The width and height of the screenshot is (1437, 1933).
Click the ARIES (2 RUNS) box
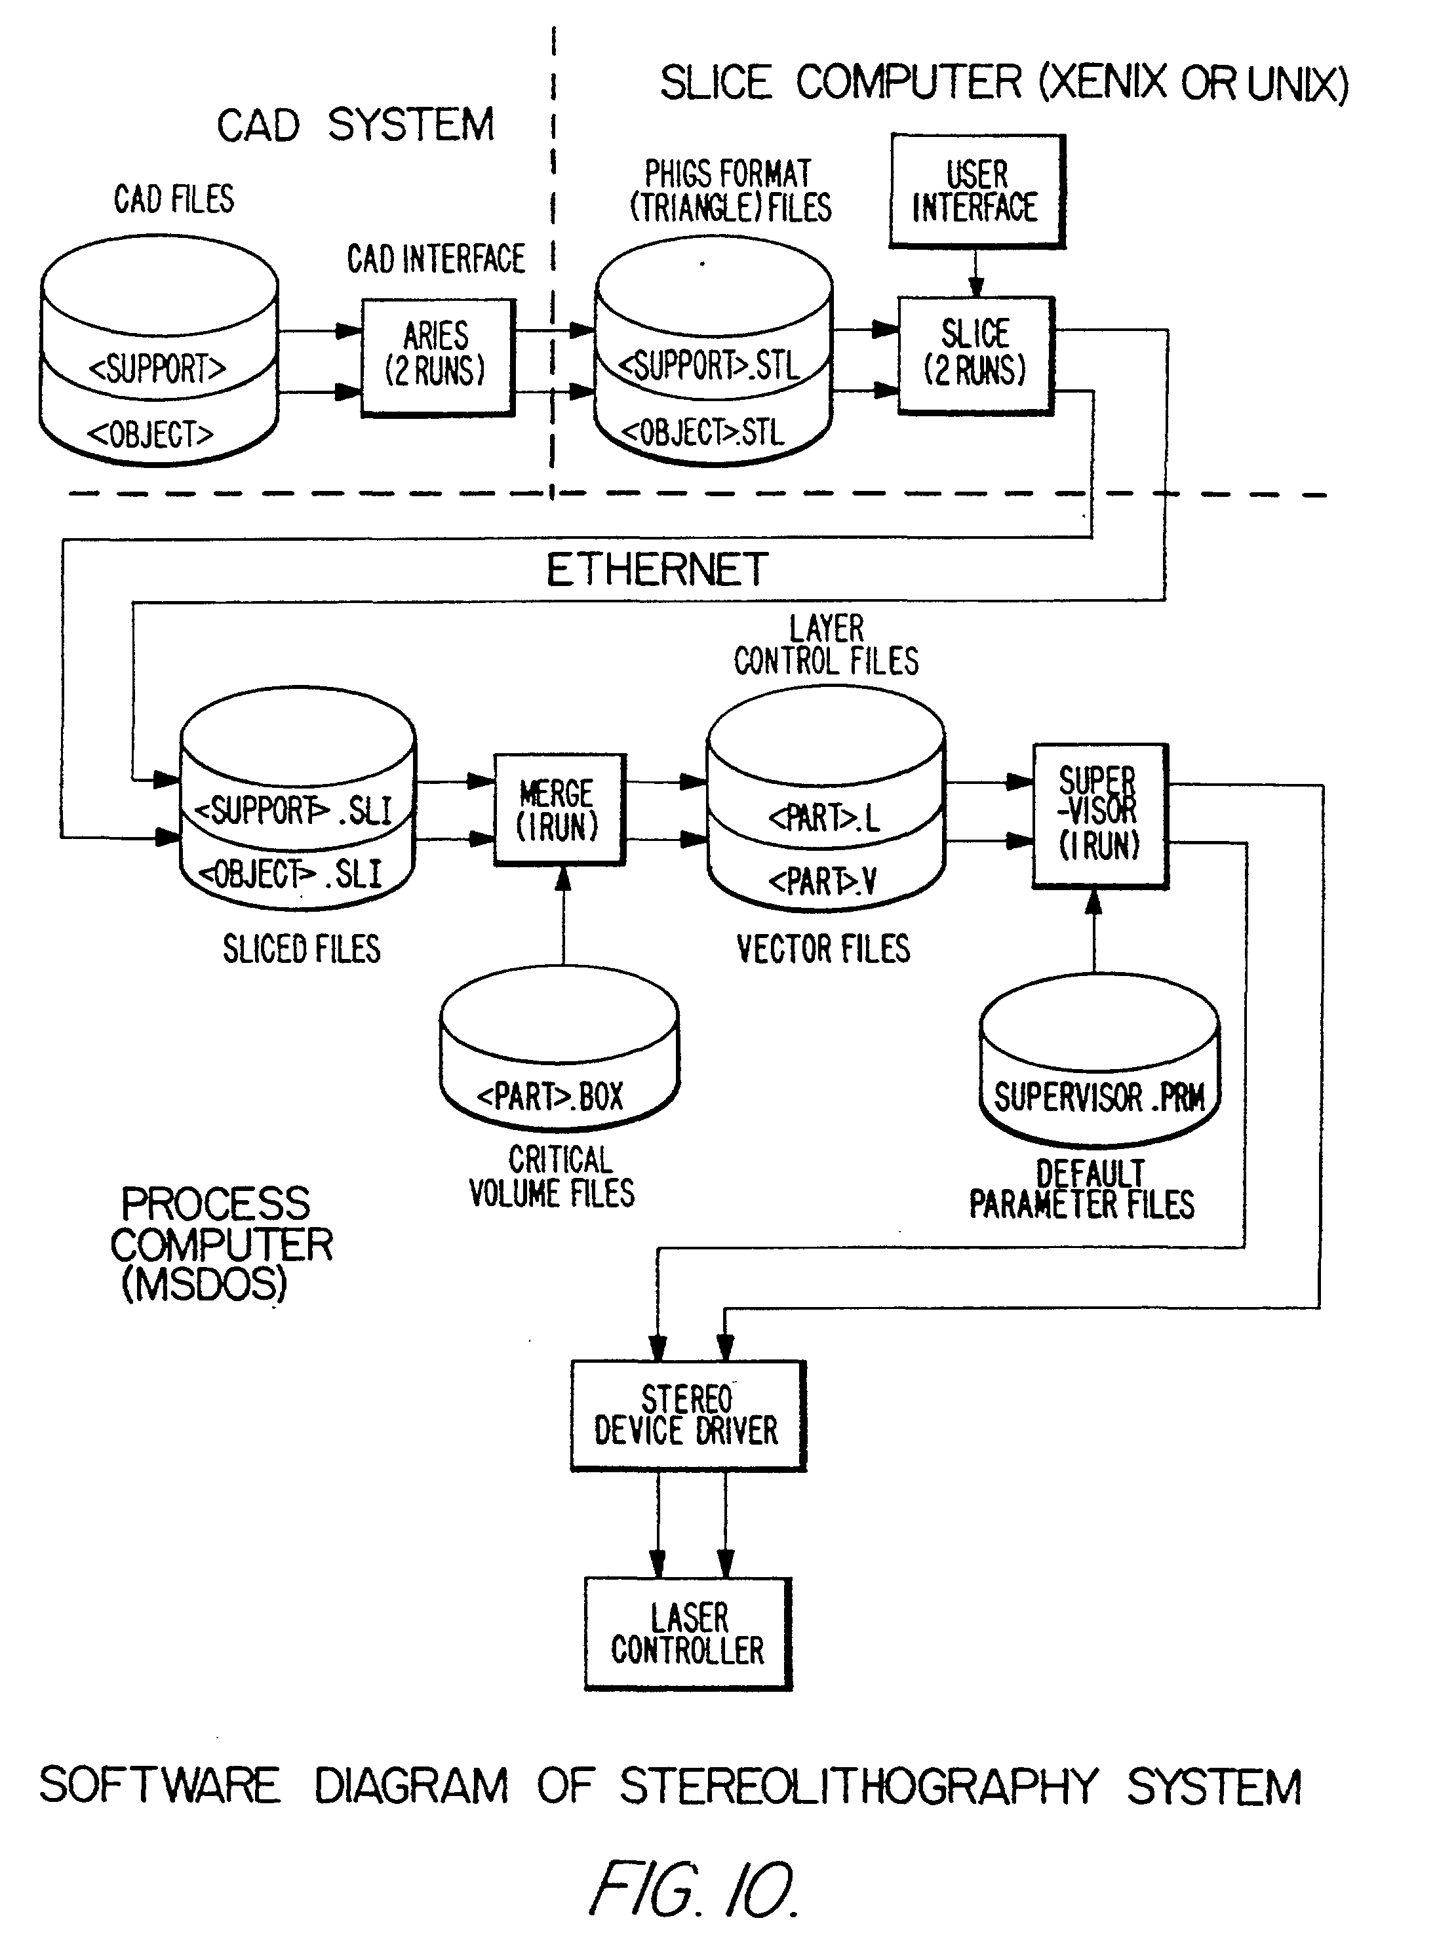(437, 357)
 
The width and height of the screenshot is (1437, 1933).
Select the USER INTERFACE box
(977, 191)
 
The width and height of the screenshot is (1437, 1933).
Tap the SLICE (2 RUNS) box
(975, 354)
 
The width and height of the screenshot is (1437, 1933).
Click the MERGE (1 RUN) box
(559, 809)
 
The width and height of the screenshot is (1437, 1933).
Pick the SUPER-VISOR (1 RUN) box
(1099, 815)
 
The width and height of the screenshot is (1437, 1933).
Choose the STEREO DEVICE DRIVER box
(687, 1416)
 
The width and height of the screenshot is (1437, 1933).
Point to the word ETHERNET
(657, 570)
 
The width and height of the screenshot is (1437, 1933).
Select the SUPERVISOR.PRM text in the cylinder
(1099, 1097)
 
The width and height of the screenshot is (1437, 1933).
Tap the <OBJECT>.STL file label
(703, 432)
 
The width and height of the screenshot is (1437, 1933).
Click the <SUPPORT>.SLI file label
(293, 810)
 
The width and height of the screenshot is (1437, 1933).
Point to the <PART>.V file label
(822, 882)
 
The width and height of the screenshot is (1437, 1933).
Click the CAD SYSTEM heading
(355, 125)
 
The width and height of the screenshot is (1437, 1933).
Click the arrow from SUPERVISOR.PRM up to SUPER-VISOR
(1094, 930)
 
